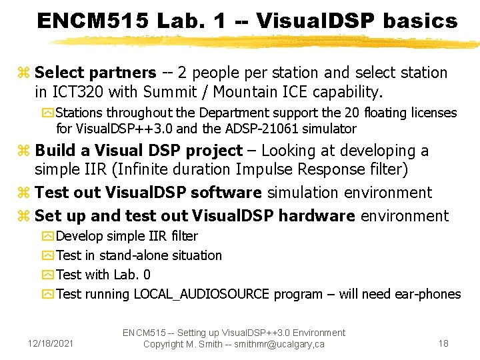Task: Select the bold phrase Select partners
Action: point(95,72)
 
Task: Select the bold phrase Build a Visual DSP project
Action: point(138,151)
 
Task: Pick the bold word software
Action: point(225,193)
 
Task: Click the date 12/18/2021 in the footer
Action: point(51,344)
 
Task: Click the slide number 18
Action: point(443,343)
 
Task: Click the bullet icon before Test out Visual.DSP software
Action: point(25,193)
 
